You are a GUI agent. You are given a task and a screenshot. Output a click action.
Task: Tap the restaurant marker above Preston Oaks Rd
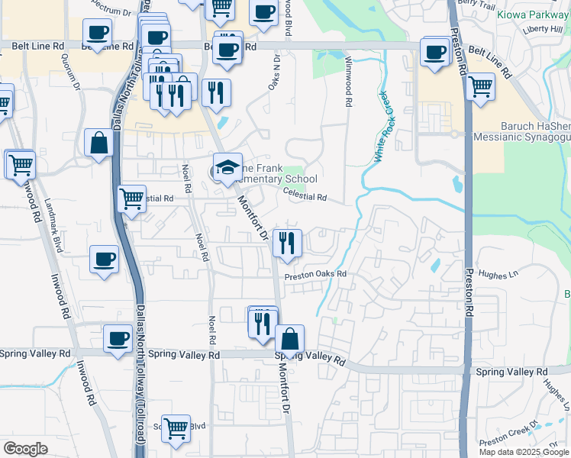coord(287,244)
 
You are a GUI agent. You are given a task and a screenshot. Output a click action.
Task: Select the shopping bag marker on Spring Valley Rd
coord(289,339)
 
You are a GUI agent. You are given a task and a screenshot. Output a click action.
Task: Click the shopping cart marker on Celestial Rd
coord(132,199)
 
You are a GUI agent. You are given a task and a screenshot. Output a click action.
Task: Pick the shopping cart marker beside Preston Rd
coord(480,87)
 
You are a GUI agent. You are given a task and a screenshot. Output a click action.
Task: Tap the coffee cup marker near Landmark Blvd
coord(105,259)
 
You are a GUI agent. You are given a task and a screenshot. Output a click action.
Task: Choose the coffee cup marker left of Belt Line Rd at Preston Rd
coord(434,53)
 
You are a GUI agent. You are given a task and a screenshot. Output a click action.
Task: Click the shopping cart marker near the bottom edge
coord(176,428)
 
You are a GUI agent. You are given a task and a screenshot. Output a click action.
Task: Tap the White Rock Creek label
coord(386,126)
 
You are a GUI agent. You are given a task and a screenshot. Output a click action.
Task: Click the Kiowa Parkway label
coord(531,15)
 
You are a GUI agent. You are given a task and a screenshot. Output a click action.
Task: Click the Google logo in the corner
coord(24,449)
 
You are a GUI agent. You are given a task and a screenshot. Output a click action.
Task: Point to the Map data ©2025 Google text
coord(523,451)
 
